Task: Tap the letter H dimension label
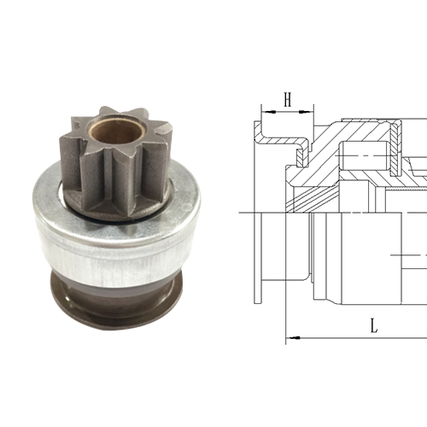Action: tap(288, 102)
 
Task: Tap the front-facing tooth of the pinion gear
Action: tap(109, 174)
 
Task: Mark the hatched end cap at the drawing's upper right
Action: tap(398, 137)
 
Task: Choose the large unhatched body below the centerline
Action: tap(359, 256)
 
